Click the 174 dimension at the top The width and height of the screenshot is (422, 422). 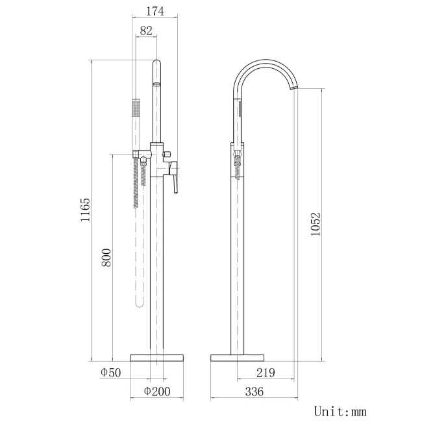tap(155, 11)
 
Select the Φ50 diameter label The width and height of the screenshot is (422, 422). tap(111, 372)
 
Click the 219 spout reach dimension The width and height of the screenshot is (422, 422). tap(265, 372)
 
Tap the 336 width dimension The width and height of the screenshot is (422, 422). tap(253, 391)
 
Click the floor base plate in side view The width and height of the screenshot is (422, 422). tap(238, 358)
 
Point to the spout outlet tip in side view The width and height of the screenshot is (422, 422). tap(297, 87)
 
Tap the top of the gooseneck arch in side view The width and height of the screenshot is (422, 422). tap(263, 62)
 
